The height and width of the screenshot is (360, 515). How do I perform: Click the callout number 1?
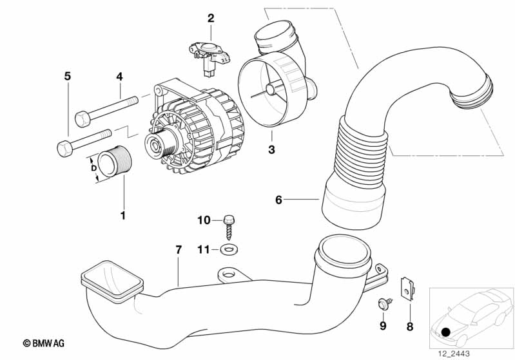pyautogui.click(x=123, y=214)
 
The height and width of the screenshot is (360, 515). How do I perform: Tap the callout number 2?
pyautogui.click(x=211, y=18)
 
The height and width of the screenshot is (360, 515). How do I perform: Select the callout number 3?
pyautogui.click(x=271, y=150)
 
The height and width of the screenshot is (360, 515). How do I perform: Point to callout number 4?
pyautogui.click(x=119, y=77)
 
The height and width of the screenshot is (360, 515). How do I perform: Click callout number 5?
pyautogui.click(x=67, y=77)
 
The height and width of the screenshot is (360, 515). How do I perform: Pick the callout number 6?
pyautogui.click(x=278, y=200)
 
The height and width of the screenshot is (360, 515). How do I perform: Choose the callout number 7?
pyautogui.click(x=179, y=249)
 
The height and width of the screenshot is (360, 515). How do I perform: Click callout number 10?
pyautogui.click(x=204, y=220)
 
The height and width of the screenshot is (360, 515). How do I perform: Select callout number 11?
pyautogui.click(x=204, y=249)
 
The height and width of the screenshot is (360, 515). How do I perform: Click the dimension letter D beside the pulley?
pyautogui.click(x=95, y=168)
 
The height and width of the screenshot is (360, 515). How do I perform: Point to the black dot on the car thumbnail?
pyautogui.click(x=446, y=332)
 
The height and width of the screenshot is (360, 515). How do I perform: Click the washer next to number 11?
pyautogui.click(x=228, y=249)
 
